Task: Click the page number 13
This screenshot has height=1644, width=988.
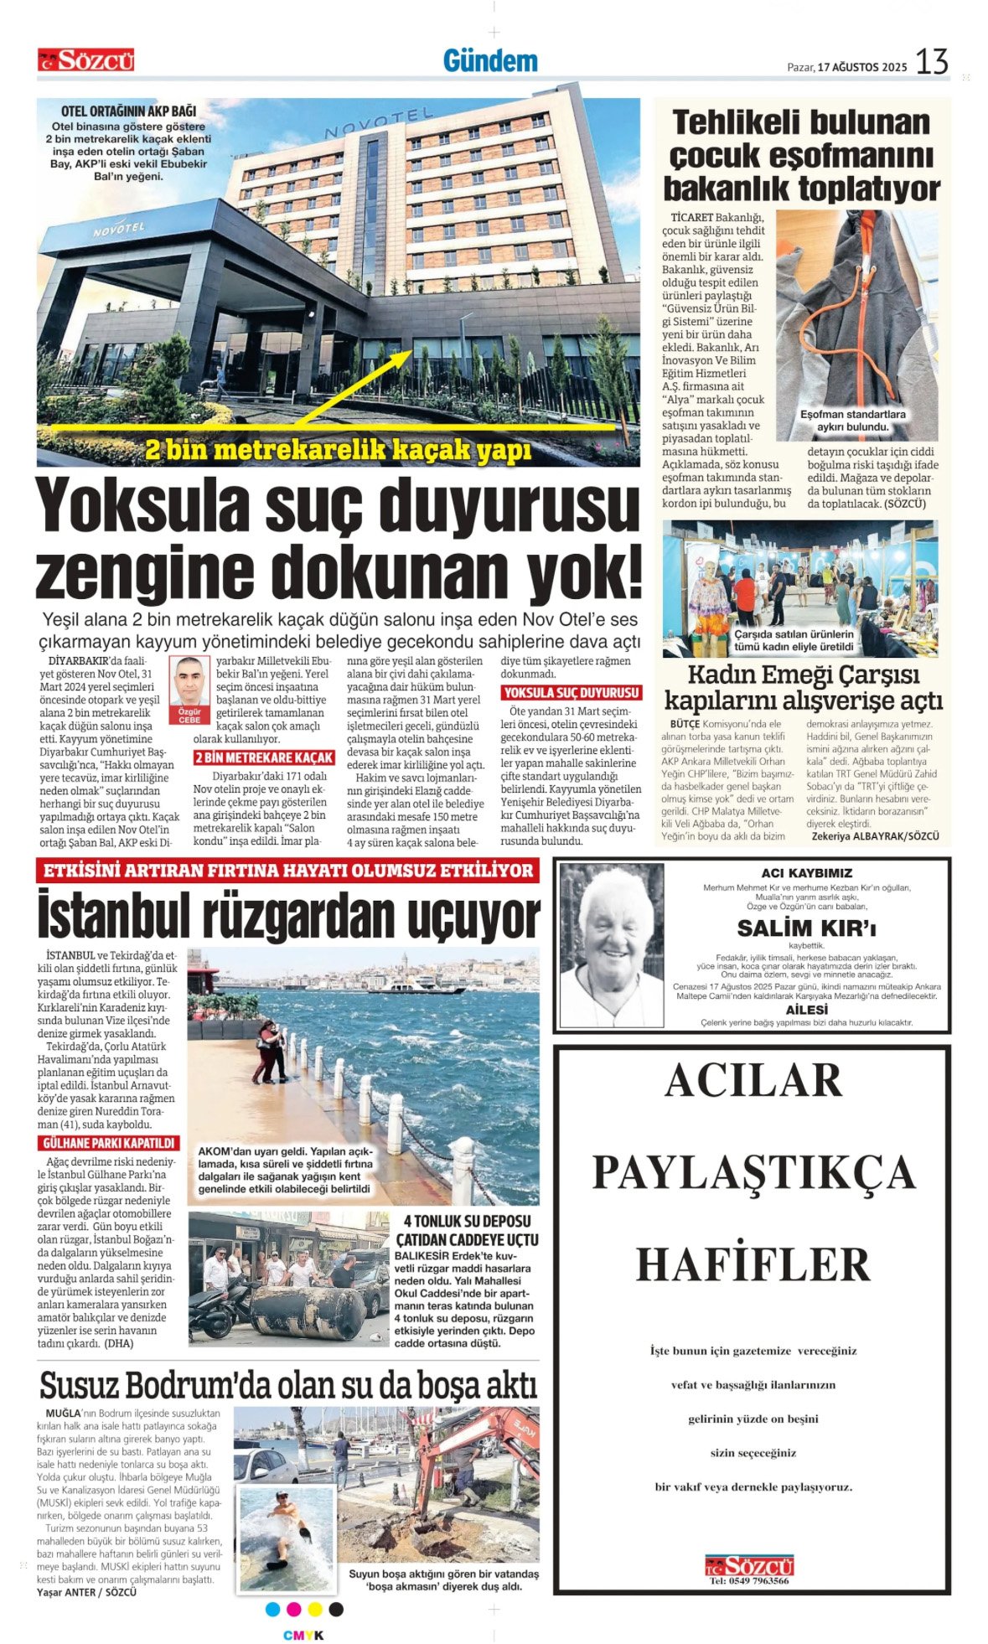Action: (931, 62)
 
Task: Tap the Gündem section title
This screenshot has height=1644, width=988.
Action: (489, 61)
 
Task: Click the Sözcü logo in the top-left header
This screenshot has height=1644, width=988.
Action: (85, 60)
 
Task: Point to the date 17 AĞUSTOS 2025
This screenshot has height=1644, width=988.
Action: (862, 68)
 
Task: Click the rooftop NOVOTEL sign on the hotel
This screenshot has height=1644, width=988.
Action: (379, 121)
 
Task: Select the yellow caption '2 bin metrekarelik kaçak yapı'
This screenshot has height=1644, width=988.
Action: (338, 451)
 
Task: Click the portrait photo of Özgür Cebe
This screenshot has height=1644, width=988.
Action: (190, 682)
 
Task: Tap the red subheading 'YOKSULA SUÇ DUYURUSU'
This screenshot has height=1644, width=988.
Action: (572, 693)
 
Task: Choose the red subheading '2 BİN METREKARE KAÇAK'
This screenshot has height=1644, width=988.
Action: (264, 757)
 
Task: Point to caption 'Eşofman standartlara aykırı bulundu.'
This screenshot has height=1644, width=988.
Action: (852, 421)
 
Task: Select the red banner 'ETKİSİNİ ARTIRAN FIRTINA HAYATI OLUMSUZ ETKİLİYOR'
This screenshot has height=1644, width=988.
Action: (287, 871)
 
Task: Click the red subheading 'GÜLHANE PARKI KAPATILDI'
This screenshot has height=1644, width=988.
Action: (108, 1143)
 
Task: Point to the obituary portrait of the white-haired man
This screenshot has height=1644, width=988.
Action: (611, 945)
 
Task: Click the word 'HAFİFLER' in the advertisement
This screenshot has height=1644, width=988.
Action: (753, 1264)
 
